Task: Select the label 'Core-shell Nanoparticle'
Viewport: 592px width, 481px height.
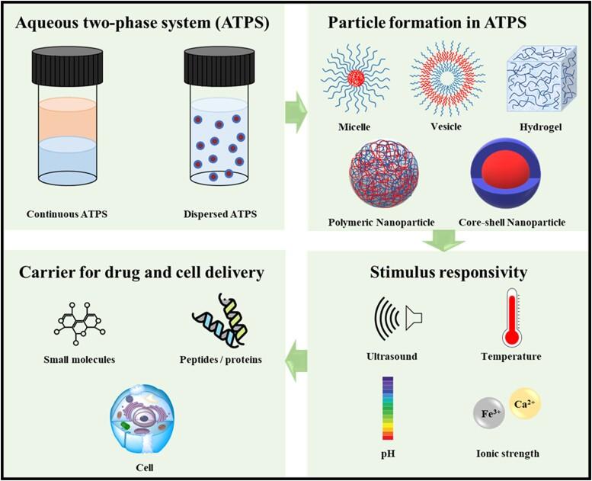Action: tap(512, 222)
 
